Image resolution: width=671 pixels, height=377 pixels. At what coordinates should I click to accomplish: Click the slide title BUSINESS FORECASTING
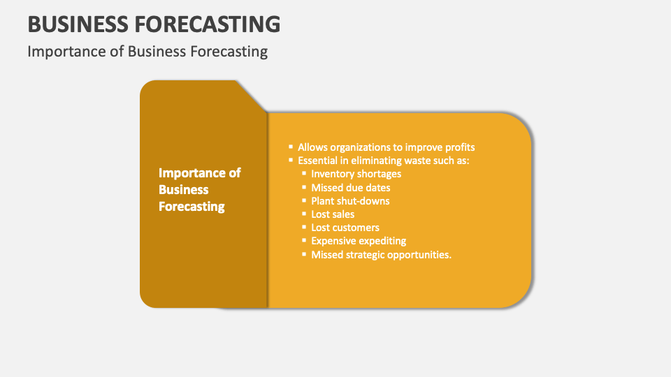click(154, 24)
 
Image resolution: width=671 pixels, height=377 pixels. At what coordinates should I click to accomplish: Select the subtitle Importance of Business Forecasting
click(147, 52)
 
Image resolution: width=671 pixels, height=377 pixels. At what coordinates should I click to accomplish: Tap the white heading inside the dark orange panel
click(199, 189)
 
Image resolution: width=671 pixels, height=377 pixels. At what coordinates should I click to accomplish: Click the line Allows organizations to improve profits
click(386, 147)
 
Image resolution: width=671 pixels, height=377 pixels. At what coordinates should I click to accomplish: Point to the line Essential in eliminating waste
click(384, 161)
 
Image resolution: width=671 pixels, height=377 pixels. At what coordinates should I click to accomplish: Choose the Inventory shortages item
click(356, 174)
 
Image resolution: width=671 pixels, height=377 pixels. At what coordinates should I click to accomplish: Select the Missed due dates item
click(350, 187)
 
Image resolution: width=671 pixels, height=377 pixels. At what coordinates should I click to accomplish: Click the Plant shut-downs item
click(350, 201)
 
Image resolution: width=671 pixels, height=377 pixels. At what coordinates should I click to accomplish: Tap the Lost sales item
click(333, 214)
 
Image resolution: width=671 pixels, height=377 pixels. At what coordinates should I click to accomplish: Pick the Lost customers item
click(345, 228)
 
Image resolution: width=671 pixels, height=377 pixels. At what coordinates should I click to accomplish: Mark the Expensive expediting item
click(359, 241)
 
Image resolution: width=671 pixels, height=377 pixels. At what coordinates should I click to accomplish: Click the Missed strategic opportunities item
click(381, 255)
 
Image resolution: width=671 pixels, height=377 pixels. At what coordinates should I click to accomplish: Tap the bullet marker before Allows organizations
click(291, 147)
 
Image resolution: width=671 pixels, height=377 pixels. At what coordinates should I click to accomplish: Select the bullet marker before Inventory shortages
click(304, 174)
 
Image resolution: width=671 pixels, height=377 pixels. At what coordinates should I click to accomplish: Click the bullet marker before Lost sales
click(304, 214)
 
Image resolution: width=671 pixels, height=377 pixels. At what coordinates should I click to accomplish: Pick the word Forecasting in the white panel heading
click(192, 207)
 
